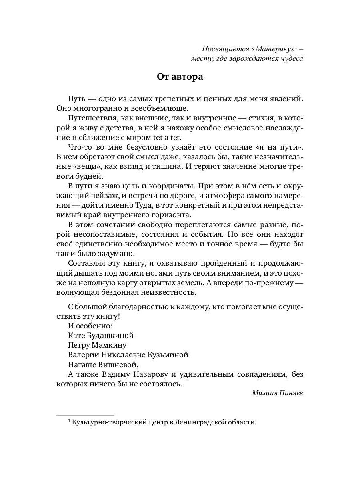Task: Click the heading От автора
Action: (180, 77)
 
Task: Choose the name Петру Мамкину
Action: (97, 345)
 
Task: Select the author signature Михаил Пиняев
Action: (278, 393)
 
